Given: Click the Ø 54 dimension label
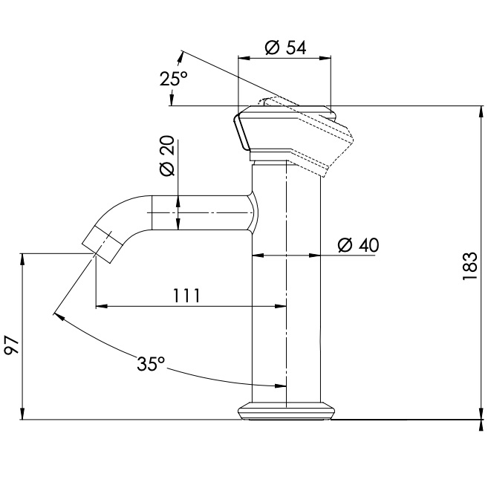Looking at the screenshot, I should [285, 48].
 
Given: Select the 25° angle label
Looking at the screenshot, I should [173, 79].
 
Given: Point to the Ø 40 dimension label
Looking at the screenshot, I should [357, 244].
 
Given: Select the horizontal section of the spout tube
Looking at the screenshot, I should [201, 212].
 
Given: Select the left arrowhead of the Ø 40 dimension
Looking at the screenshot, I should [257, 256].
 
